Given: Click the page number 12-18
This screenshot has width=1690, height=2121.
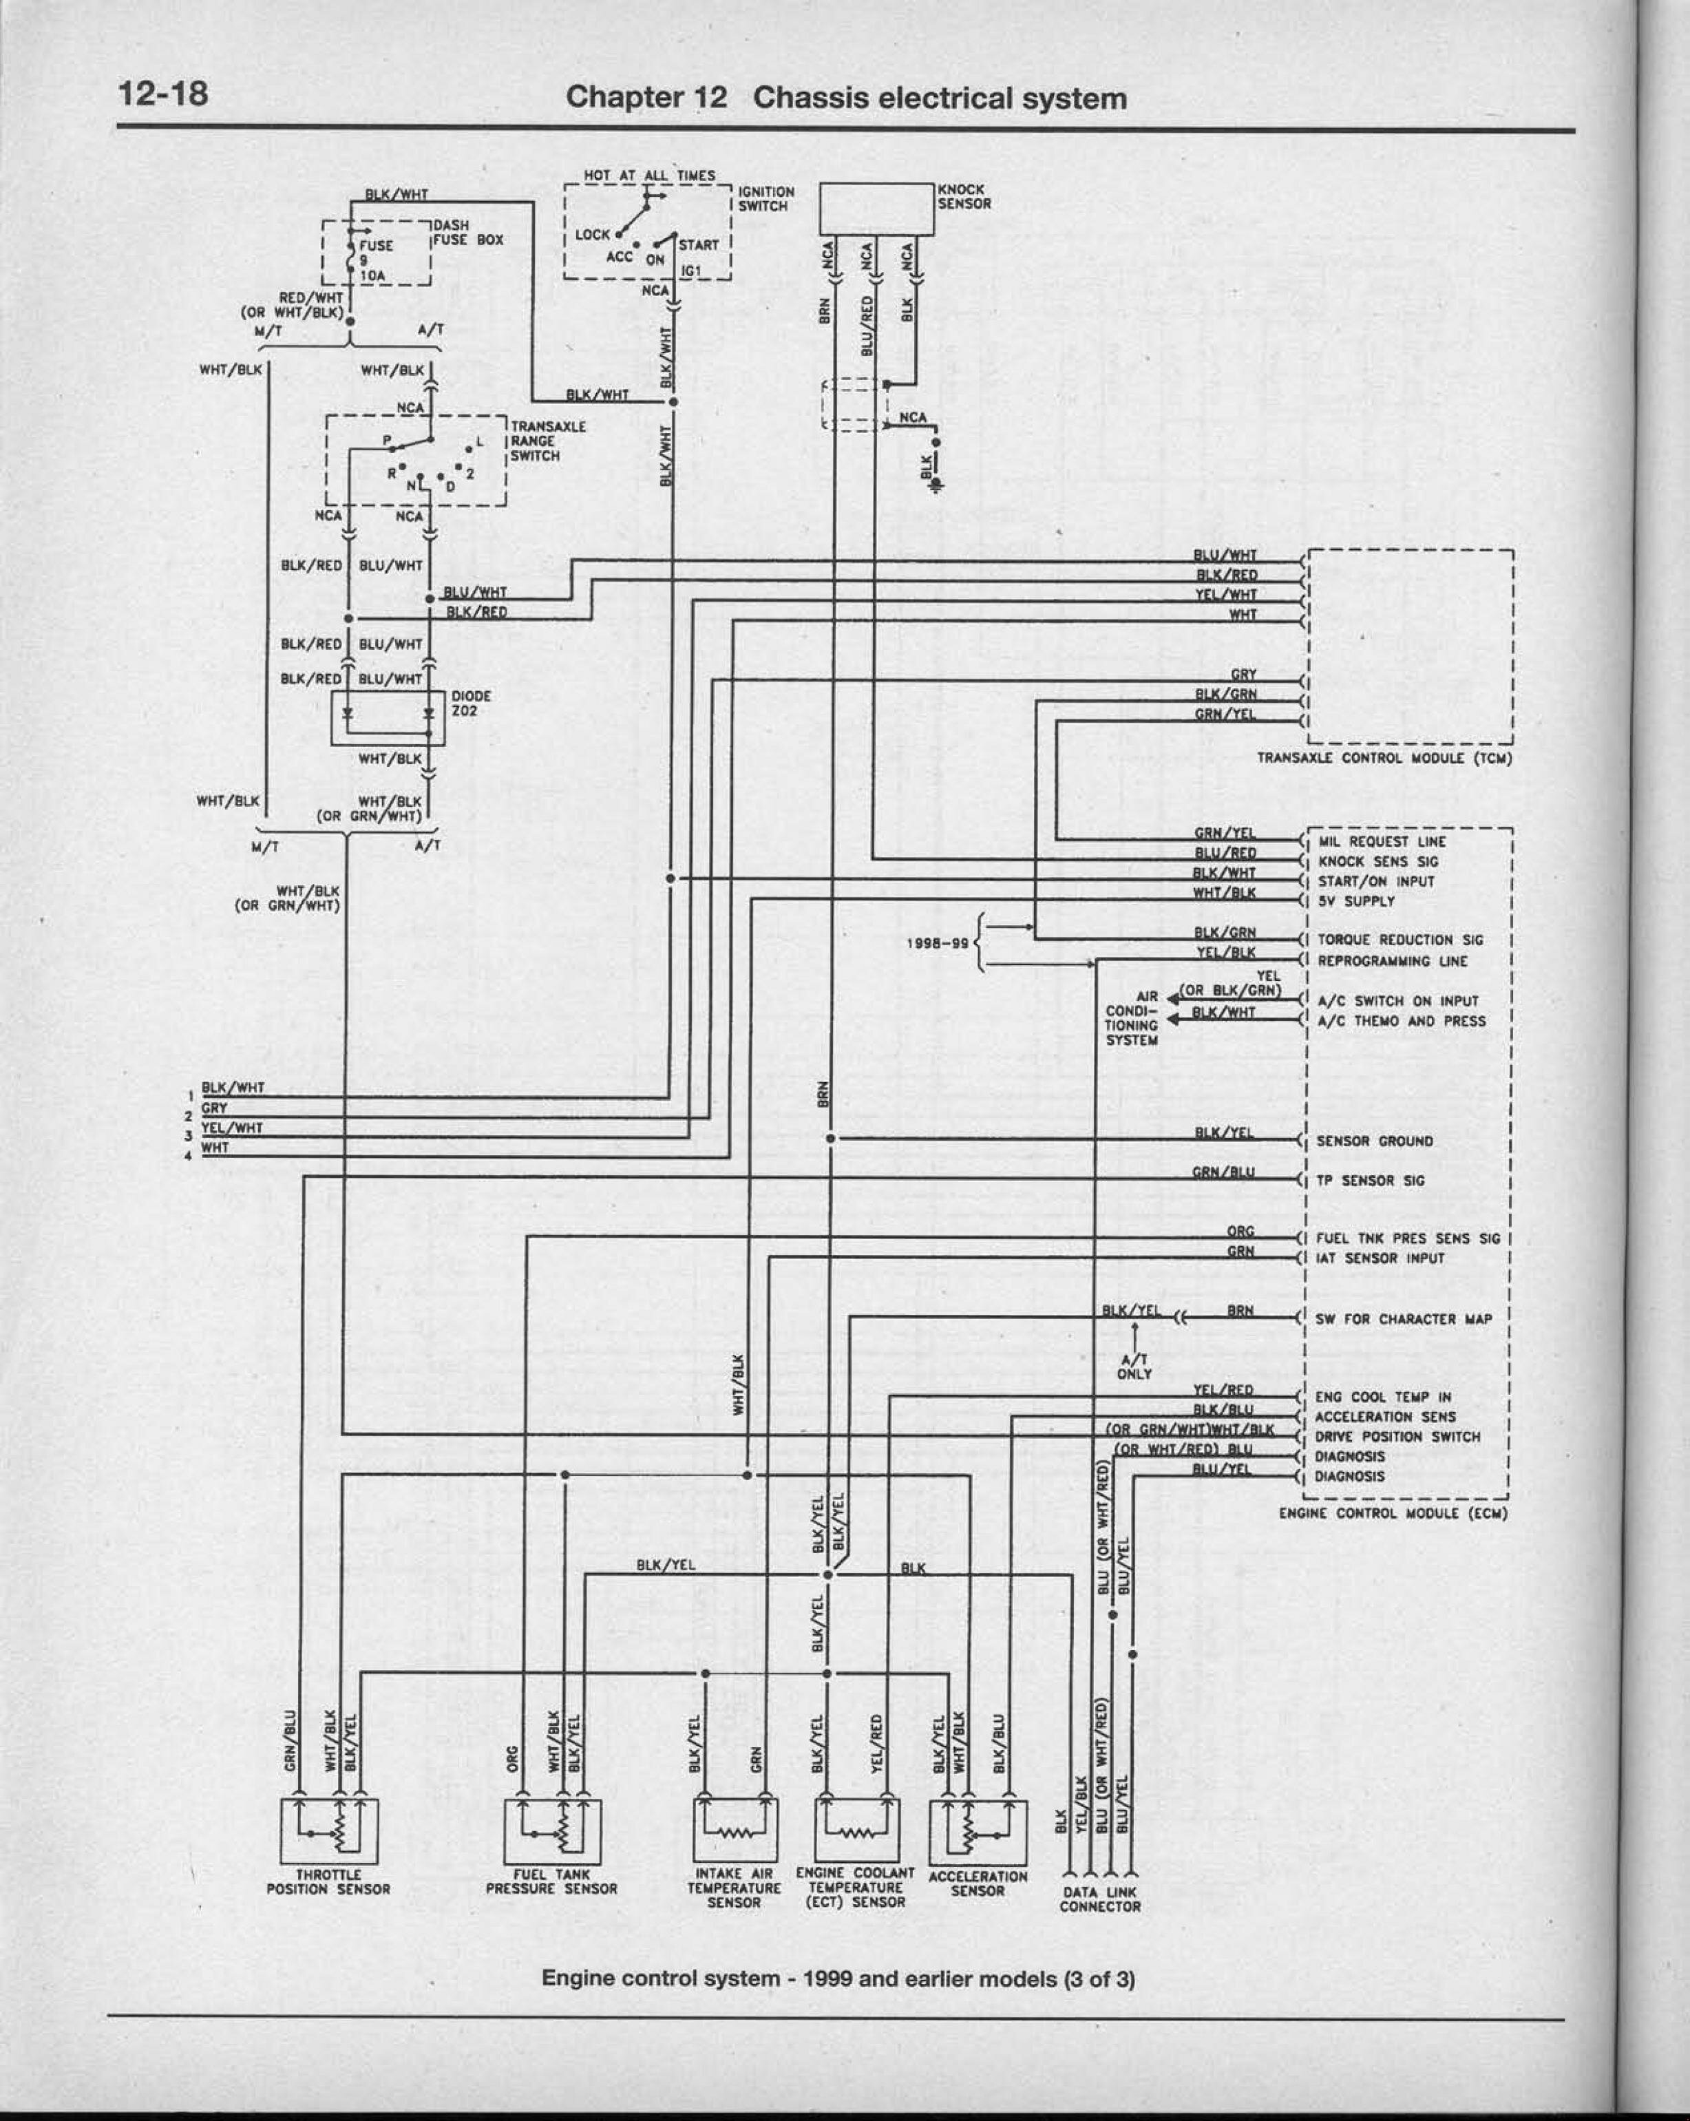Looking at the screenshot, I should [x=163, y=94].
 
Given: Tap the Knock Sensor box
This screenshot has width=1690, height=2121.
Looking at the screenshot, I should [x=876, y=209].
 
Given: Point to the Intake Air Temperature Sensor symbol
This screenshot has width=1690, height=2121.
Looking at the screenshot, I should [x=735, y=1829].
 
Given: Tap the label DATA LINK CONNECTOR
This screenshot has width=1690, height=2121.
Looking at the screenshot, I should [x=1100, y=1899].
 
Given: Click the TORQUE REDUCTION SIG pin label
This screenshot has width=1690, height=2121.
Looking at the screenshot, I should [x=1399, y=940].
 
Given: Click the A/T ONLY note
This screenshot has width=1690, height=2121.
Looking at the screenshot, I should [x=1134, y=1366].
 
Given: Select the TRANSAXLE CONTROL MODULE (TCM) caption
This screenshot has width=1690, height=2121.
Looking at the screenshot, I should [x=1383, y=759].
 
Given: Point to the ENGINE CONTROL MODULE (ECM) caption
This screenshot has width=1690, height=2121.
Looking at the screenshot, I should [x=1392, y=1513].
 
